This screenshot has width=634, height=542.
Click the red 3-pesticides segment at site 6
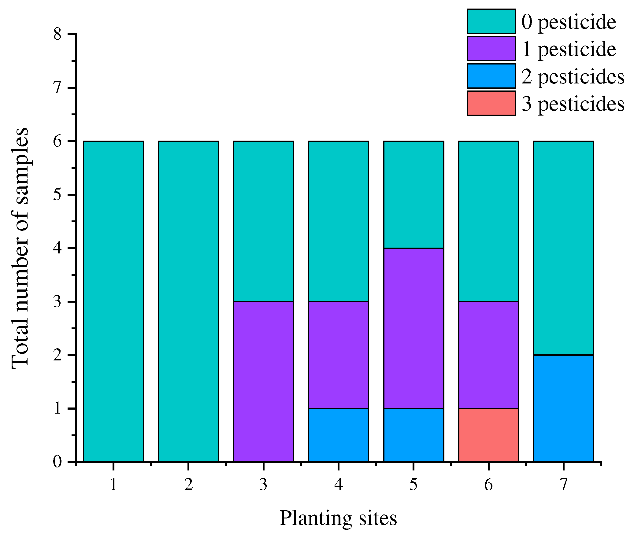click(488, 435)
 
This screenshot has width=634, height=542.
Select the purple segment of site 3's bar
click(263, 382)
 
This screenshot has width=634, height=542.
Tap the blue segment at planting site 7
click(563, 408)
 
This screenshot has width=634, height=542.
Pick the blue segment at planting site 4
click(339, 435)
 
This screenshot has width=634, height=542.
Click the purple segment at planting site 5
click(413, 328)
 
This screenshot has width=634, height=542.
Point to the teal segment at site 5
click(413, 194)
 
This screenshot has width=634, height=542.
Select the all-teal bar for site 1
click(113, 301)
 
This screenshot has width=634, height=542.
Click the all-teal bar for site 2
click(188, 301)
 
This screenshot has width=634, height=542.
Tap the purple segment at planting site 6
click(488, 355)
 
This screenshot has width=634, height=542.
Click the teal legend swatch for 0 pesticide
click(491, 21)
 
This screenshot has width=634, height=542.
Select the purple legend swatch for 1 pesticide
click(491, 48)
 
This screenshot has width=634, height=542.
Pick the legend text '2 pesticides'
click(573, 76)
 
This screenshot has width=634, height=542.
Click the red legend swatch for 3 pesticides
click(491, 103)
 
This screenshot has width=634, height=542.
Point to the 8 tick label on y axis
click(57, 34)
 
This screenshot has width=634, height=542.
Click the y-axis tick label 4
click(57, 248)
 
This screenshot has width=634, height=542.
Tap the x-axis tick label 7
click(563, 485)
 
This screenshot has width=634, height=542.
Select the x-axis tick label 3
click(263, 485)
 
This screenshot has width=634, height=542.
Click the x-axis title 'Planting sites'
click(338, 518)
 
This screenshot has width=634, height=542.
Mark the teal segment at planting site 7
click(563, 248)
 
